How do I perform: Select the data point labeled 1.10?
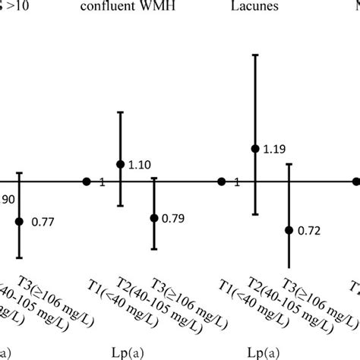[120, 164]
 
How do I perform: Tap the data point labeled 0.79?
[154, 218]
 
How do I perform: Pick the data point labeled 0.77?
[19, 222]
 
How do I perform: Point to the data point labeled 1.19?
[255, 148]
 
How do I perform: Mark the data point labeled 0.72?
[289, 230]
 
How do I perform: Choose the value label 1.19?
[274, 150]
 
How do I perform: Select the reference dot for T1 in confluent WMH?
[87, 182]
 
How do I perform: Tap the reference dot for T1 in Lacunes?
[221, 182]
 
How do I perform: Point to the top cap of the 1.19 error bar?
[255, 55]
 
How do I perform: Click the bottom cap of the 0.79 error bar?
[154, 248]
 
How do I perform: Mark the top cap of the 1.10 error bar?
[120, 112]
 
